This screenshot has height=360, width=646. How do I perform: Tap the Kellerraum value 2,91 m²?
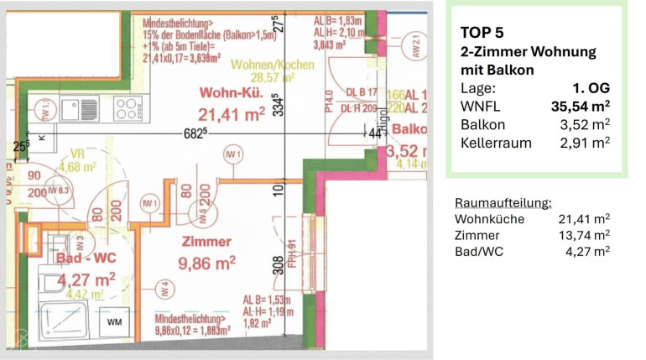pyautogui.click(x=586, y=143)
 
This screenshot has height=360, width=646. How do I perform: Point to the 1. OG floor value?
pyautogui.click(x=592, y=87)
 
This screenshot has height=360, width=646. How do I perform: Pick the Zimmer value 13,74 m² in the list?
pyautogui.click(x=584, y=235)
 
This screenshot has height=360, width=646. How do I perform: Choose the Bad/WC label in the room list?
pyautogui.click(x=478, y=251)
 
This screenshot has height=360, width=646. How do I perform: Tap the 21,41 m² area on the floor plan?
pyautogui.click(x=232, y=113)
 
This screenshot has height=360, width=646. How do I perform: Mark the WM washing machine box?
pyautogui.click(x=112, y=321)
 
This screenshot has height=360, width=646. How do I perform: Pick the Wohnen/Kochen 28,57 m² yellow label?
pyautogui.click(x=261, y=71)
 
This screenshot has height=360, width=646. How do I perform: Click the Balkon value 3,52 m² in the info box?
pyautogui.click(x=586, y=124)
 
